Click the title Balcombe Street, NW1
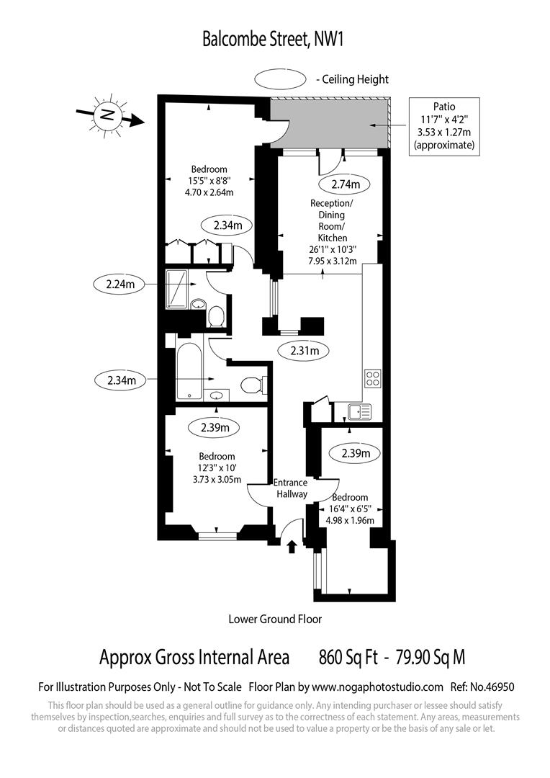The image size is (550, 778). [274, 39]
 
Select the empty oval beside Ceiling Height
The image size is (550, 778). [282, 79]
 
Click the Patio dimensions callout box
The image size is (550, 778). [444, 125]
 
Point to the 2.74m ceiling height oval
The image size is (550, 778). [350, 184]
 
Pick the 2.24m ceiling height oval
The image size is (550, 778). [120, 284]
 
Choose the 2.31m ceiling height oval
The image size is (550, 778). [304, 351]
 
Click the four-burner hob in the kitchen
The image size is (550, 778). [373, 378]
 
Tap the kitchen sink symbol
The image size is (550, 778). [359, 411]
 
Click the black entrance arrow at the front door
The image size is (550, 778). [291, 547]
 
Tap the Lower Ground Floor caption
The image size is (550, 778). [275, 619]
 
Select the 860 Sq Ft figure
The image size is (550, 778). [347, 657]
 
